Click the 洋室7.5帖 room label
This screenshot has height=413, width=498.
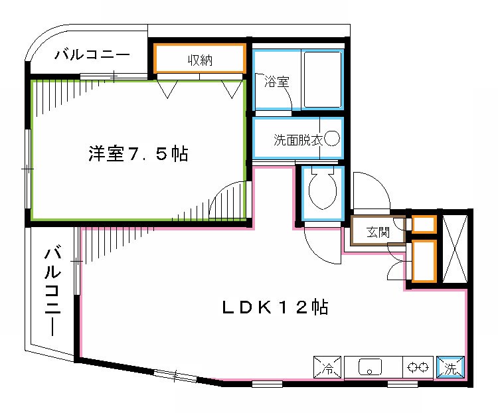[138, 155]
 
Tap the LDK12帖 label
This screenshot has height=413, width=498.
[274, 308]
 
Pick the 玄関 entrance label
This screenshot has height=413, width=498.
[376, 232]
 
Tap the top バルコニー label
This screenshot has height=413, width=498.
[92, 54]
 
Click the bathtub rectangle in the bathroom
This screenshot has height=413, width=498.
[323, 79]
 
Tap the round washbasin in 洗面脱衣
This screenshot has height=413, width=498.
[332, 139]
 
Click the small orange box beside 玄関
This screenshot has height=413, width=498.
[424, 224]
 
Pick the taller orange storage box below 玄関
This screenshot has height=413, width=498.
[424, 260]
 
